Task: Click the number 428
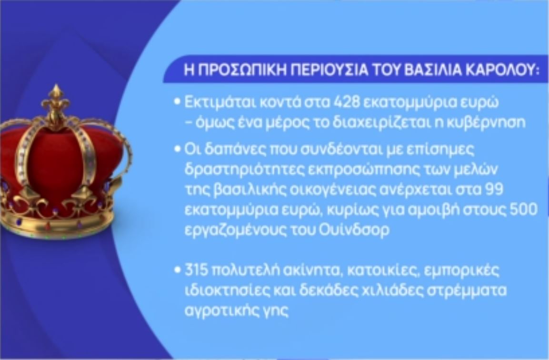[346, 102]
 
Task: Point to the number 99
[494, 189]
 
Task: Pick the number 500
[524, 210]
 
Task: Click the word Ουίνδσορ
[354, 230]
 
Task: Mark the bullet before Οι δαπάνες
[178, 149]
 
